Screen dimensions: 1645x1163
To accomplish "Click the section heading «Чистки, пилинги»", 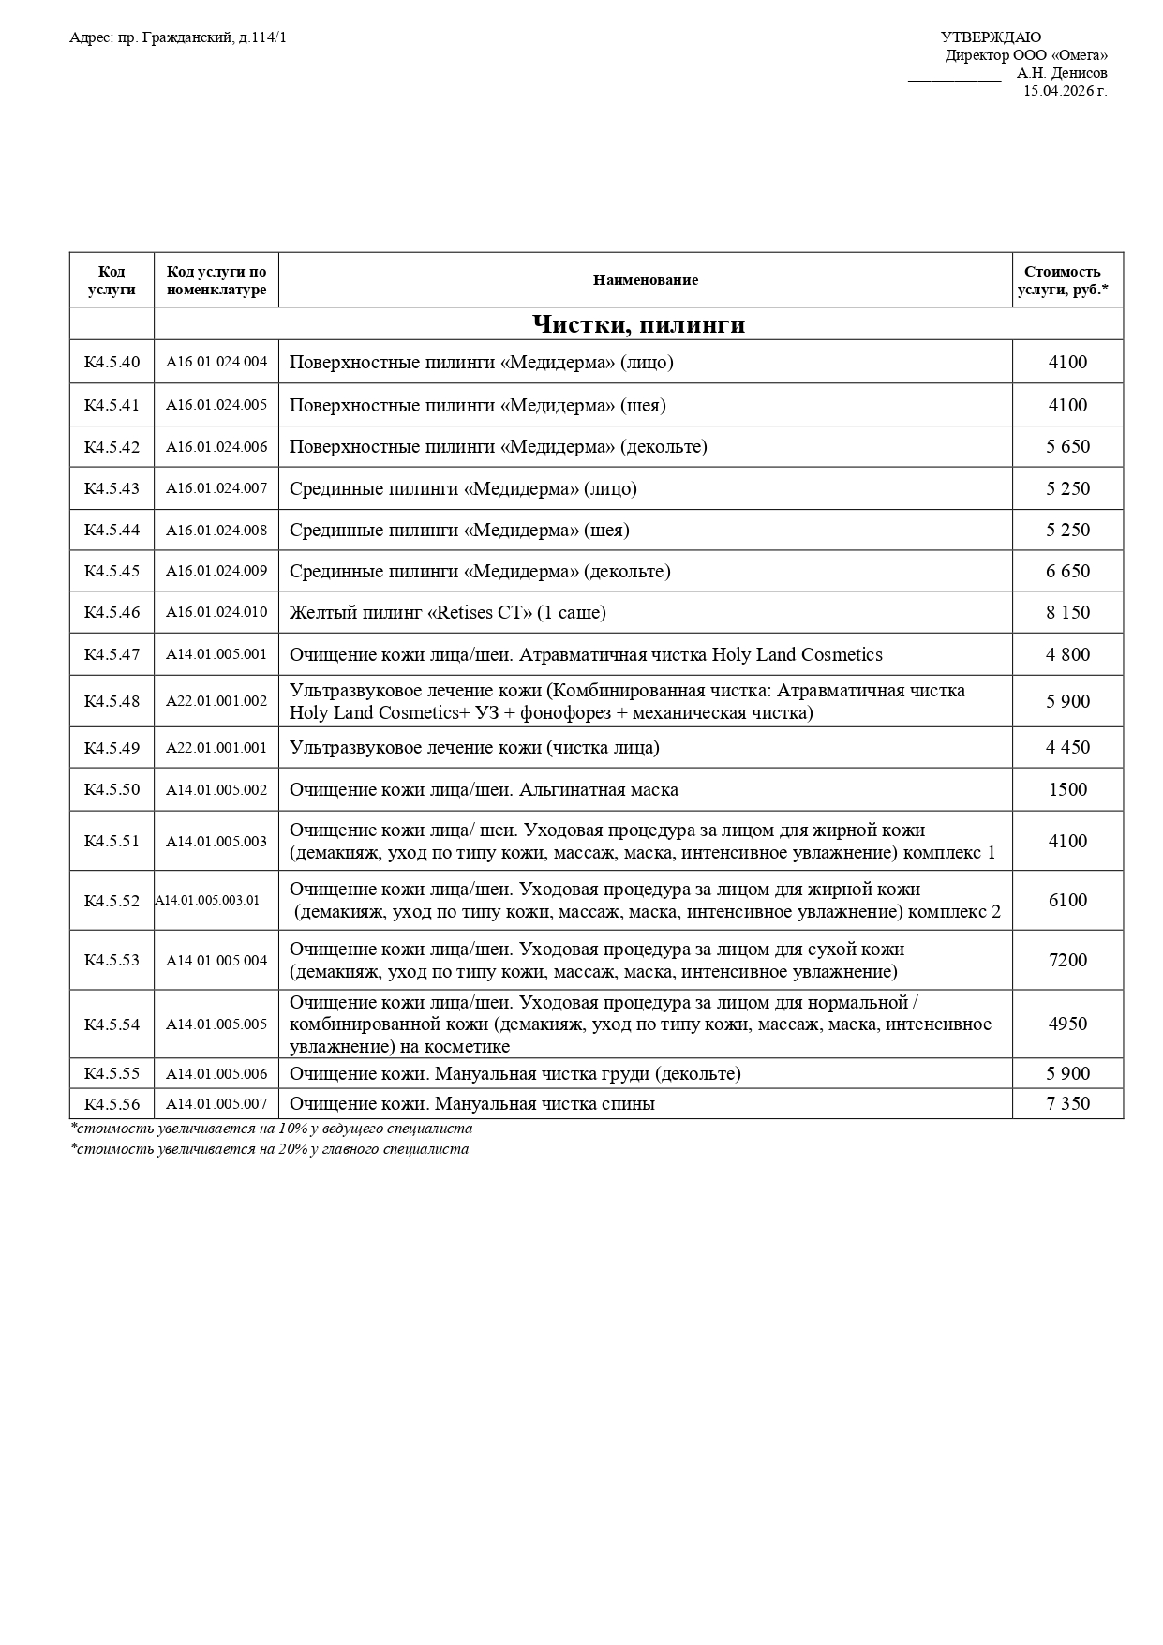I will coord(638,324).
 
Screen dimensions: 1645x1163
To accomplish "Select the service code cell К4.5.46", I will coord(112,612).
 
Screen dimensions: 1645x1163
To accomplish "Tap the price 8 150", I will coord(1067,612).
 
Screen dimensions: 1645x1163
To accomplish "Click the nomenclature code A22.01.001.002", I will coord(216,701).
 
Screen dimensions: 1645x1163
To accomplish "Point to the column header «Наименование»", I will coord(645,280).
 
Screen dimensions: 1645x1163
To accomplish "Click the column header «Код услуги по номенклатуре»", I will coord(216,280).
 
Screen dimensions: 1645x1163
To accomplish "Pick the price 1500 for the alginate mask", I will coord(1067,789).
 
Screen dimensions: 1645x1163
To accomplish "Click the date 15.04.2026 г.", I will coord(1065,91).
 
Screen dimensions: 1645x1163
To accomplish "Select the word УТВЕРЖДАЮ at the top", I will coord(991,37).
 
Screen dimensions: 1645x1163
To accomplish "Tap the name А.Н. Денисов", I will coord(1062,73).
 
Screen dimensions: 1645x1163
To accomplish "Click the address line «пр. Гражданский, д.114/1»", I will coord(178,37).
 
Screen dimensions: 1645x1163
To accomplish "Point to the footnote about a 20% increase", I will coord(270,1149).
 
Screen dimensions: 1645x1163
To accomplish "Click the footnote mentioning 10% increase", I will coord(272,1129).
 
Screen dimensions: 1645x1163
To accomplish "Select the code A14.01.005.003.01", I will coord(208,900).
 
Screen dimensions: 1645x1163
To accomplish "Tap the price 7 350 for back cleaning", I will coord(1067,1103).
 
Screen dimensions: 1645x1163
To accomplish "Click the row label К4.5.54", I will coord(112,1024).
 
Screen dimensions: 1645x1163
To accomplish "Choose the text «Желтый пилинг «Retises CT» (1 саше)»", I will coord(447,612).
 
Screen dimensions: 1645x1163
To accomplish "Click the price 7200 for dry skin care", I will coord(1067,960).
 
